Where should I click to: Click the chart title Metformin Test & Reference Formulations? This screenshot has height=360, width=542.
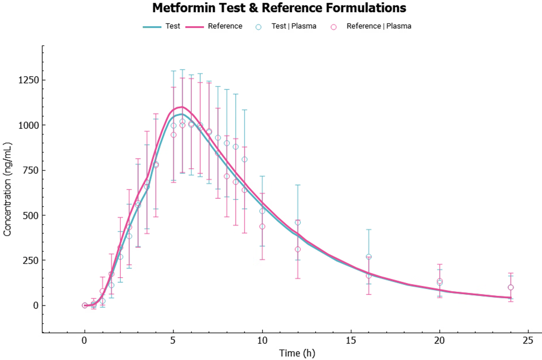pyautogui.click(x=279, y=8)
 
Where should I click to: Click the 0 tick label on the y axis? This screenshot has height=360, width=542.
pyautogui.click(x=34, y=306)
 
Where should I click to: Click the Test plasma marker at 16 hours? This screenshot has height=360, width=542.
pyautogui.click(x=369, y=257)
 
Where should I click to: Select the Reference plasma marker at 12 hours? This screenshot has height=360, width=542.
pyautogui.click(x=297, y=249)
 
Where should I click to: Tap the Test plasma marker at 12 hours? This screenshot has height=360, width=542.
pyautogui.click(x=297, y=222)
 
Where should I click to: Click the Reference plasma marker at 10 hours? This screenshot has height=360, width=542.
pyautogui.click(x=262, y=226)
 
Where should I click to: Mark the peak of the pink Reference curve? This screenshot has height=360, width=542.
pyautogui.click(x=181, y=107)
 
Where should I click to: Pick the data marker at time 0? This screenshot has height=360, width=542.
pyautogui.click(x=84, y=306)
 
